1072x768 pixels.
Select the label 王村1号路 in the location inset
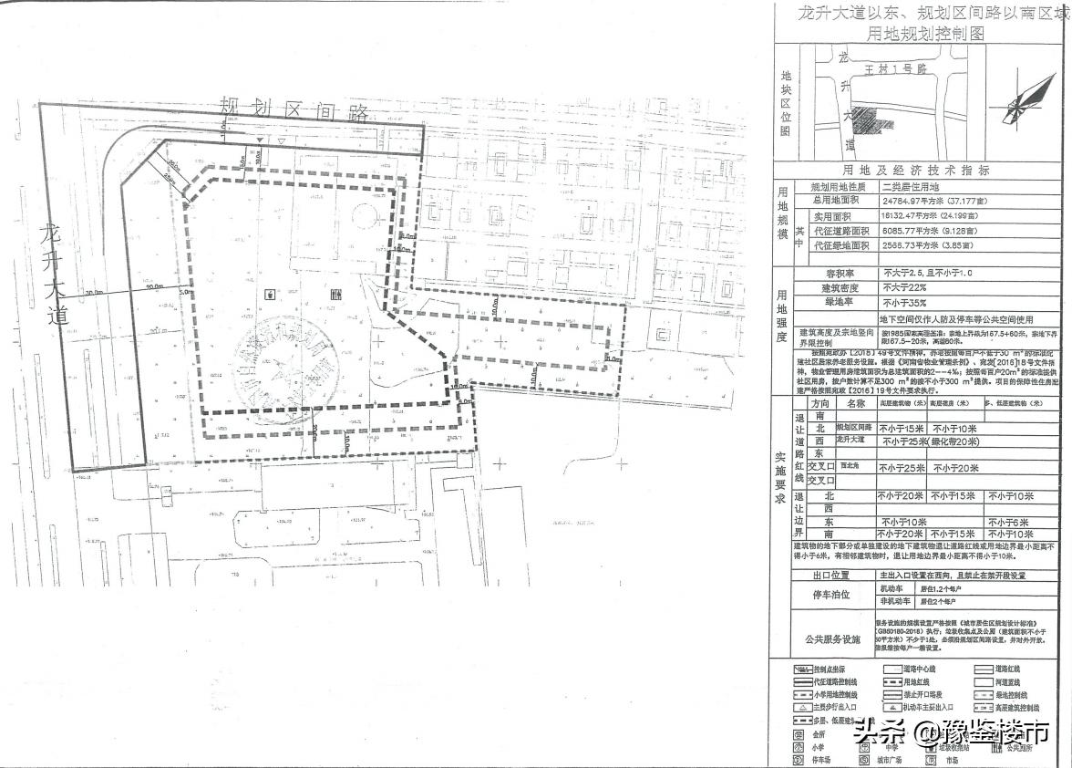coord(895,68)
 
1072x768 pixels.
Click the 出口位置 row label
coord(830,576)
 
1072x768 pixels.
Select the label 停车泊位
coord(830,595)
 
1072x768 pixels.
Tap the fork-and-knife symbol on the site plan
coord(337,295)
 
